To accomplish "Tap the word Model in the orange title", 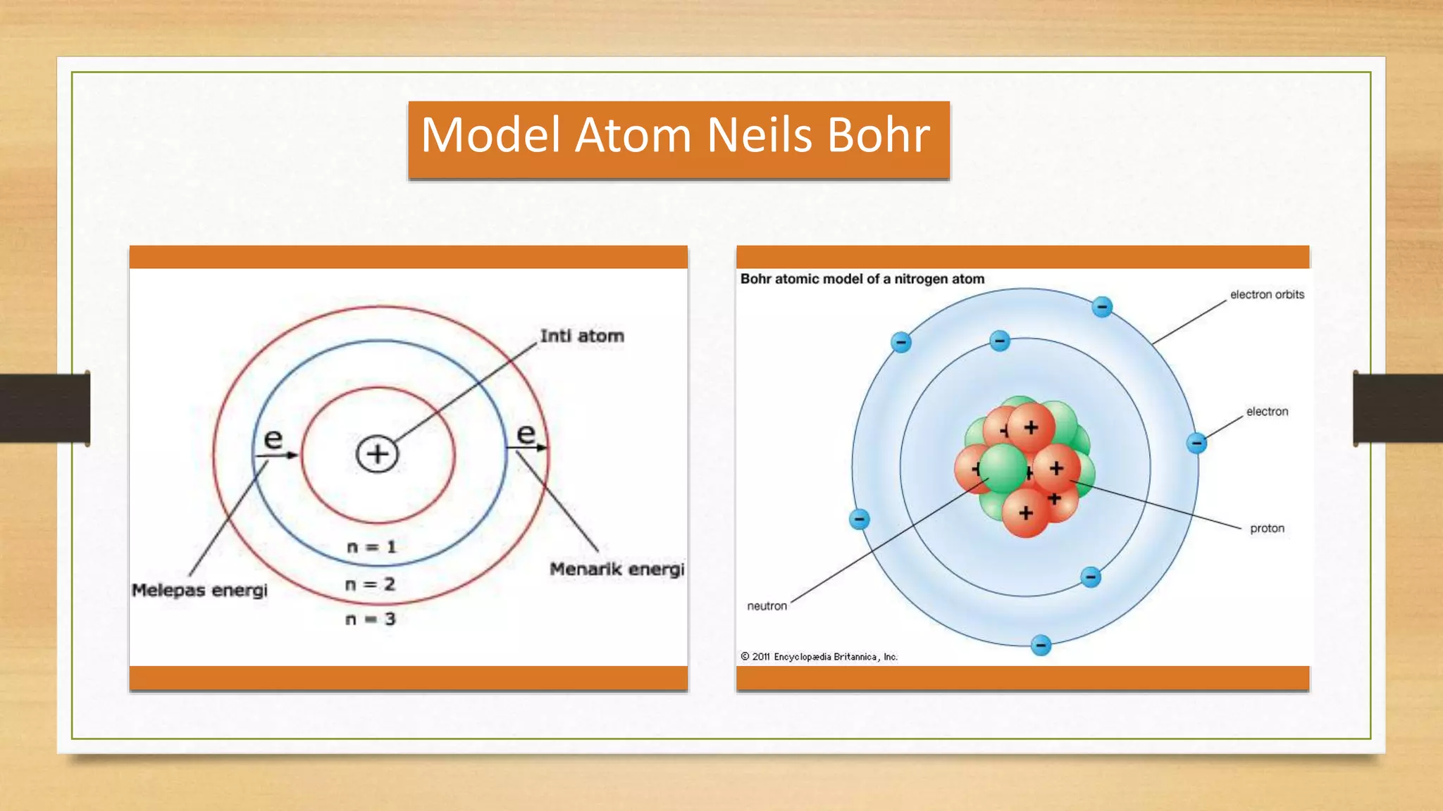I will (x=491, y=135).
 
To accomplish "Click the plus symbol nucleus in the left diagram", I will (x=378, y=454).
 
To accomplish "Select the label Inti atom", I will (x=582, y=337).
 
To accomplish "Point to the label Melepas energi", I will (x=199, y=590).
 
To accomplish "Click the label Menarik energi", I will (x=617, y=569).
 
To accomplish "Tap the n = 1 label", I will (x=371, y=547).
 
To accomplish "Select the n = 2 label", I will (x=370, y=584).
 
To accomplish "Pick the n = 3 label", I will (x=370, y=620).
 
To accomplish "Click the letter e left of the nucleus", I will (x=273, y=439).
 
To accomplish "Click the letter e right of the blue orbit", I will (x=526, y=434).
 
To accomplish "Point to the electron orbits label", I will (x=1267, y=295).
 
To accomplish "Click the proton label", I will (x=1267, y=529).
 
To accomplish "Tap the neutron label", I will (x=767, y=606).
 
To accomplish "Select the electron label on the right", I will (x=1267, y=412).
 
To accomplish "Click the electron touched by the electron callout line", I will (x=1196, y=443).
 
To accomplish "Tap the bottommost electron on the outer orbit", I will (x=1041, y=645).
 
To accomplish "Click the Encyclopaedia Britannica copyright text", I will (x=819, y=657).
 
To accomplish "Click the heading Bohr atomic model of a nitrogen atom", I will (x=862, y=279).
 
